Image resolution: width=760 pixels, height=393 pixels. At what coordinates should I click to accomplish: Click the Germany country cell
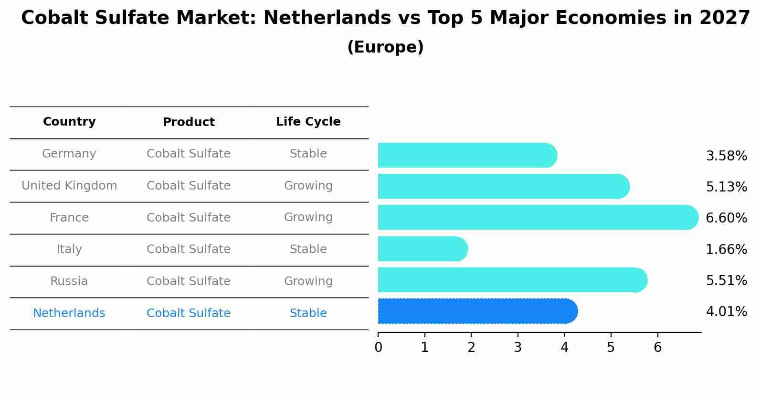tap(69, 154)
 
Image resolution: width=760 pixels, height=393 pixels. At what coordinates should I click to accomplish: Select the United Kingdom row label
tap(69, 186)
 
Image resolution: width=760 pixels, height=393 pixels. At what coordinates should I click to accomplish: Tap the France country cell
tap(69, 218)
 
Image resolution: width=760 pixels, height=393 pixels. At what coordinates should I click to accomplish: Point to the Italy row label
tap(69, 249)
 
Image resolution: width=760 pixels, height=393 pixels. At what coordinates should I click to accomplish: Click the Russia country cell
tap(69, 281)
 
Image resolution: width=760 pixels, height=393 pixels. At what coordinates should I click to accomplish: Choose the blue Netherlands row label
tap(69, 313)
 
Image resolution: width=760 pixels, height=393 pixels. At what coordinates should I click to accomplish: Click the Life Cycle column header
tap(308, 122)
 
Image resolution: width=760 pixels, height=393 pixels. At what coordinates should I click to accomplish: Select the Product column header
tap(189, 122)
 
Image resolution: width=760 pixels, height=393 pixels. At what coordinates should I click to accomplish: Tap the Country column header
tap(69, 122)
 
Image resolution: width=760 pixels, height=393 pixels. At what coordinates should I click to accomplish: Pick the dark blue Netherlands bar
tap(477, 311)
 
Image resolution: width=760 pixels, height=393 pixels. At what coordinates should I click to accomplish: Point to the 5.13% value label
tap(726, 187)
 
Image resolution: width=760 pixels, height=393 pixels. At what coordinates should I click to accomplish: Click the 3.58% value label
tap(726, 156)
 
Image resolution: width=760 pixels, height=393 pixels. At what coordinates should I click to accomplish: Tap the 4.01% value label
tap(726, 312)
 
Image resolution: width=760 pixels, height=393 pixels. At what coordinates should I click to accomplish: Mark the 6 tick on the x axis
tap(657, 348)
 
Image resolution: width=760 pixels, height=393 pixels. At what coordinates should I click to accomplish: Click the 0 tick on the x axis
tap(378, 348)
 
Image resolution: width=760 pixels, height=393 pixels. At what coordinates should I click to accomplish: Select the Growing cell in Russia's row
tap(308, 281)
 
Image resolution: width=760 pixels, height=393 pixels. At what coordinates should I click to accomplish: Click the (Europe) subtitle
tap(385, 47)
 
